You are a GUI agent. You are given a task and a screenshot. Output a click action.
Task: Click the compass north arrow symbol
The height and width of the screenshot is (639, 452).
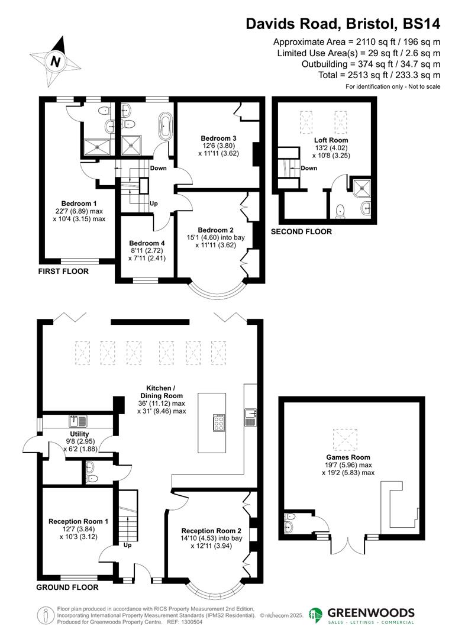55,61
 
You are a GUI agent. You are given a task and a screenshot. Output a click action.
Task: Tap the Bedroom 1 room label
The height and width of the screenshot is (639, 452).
79,204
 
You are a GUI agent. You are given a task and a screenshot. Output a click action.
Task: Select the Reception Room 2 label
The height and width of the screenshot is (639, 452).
211,530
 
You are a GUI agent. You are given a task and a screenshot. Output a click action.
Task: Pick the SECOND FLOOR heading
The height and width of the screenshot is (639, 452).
301,232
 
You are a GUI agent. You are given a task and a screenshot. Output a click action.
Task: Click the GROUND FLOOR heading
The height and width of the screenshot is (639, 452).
67,588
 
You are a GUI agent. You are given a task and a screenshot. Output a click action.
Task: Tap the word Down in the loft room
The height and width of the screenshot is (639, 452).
309,168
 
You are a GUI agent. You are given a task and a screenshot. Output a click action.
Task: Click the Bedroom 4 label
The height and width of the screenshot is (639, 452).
147,243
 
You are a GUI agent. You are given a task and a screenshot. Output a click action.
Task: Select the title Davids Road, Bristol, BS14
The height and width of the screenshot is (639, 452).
343,24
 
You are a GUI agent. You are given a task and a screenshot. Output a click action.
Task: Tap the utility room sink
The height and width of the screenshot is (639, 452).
78,421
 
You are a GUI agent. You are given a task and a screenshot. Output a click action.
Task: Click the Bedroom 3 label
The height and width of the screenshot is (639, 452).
214,138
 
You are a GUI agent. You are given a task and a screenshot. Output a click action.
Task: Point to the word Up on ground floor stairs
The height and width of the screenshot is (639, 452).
128,545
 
